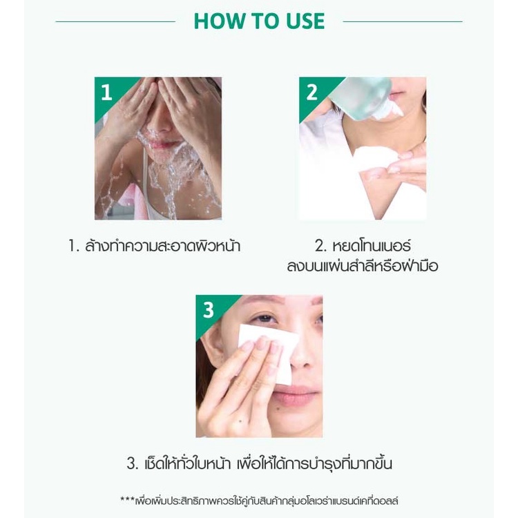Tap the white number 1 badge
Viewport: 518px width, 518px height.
coord(106,92)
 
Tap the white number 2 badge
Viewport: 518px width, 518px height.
coord(311,92)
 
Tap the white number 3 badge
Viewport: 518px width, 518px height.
coord(208,310)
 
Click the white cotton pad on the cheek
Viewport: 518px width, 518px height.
coord(268,352)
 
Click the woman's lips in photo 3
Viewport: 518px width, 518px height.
coord(297,396)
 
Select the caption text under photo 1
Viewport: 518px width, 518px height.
coord(154,247)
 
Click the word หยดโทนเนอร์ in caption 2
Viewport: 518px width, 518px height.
coord(372,246)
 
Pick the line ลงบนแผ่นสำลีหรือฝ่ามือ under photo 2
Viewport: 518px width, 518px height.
coord(363,266)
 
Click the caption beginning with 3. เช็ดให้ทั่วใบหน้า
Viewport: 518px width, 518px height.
coord(259,463)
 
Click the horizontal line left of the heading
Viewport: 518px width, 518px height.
coord(115,22)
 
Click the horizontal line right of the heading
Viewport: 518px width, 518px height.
coord(403,22)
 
